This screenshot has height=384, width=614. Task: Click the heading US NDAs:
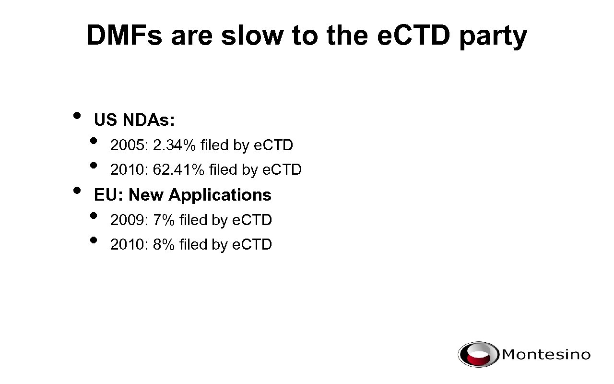click(x=134, y=120)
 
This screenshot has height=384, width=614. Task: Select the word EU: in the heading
click(x=109, y=195)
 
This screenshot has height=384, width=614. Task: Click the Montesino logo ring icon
click(x=478, y=355)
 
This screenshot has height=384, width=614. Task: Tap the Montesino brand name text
click(x=546, y=355)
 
